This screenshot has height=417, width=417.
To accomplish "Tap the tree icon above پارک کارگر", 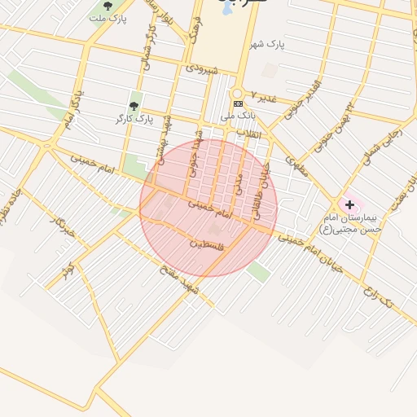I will (x=134, y=106).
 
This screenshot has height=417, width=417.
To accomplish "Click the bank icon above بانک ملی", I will (x=238, y=104).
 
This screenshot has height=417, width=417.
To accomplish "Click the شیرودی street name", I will (x=202, y=71).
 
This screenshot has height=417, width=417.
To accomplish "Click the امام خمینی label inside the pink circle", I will (x=210, y=208).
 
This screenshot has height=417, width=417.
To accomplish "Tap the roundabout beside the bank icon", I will (x=238, y=92).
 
